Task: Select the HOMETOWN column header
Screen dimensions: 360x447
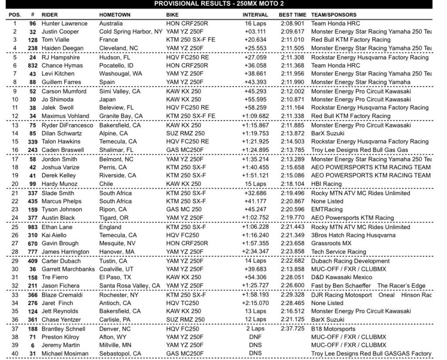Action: [115, 15]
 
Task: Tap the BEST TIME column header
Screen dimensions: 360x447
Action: [292, 15]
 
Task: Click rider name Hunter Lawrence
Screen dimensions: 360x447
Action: [64, 24]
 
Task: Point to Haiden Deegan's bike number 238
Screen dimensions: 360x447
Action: [30, 48]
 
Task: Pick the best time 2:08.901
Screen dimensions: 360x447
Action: [292, 24]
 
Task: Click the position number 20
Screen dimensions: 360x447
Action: [14, 184]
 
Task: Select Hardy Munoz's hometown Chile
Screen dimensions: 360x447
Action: [107, 184]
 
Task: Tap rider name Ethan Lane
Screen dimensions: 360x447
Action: [57, 227]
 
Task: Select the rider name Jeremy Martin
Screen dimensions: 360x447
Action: [60, 345]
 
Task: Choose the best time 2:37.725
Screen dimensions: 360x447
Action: [292, 329]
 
